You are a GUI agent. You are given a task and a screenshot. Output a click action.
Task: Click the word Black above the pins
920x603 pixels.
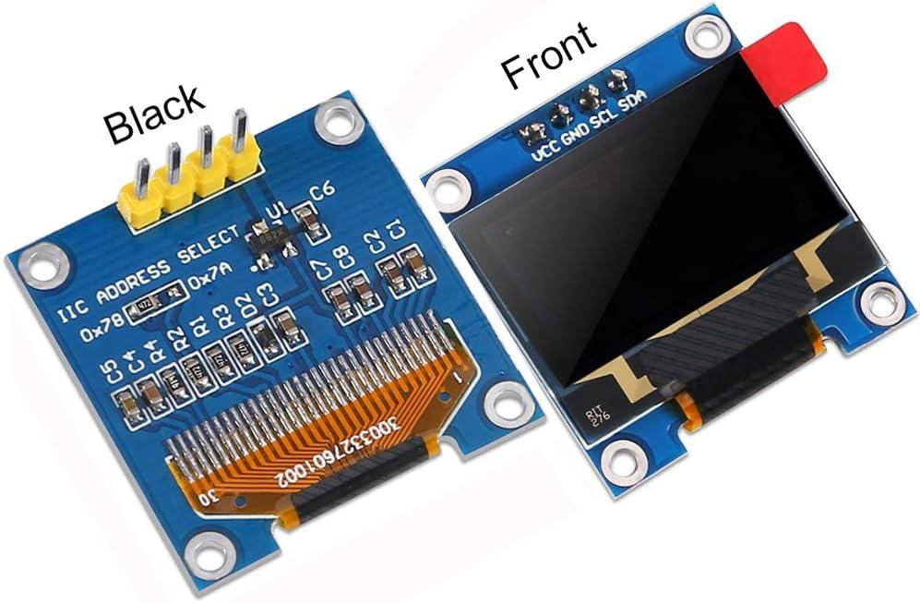(x=153, y=114)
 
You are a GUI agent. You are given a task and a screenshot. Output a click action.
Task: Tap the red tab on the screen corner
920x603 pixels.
(x=785, y=54)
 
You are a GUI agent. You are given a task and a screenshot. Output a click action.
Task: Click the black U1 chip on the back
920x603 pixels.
(x=277, y=238)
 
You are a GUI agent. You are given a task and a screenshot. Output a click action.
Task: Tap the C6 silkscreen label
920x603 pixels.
(x=322, y=193)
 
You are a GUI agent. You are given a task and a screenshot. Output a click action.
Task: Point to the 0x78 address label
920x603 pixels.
(x=101, y=326)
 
